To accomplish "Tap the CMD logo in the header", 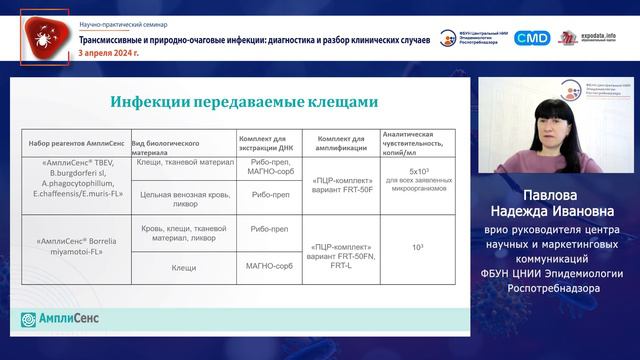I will pyautogui.click(x=532, y=37).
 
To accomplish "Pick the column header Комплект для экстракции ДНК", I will pyautogui.click(x=267, y=140).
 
